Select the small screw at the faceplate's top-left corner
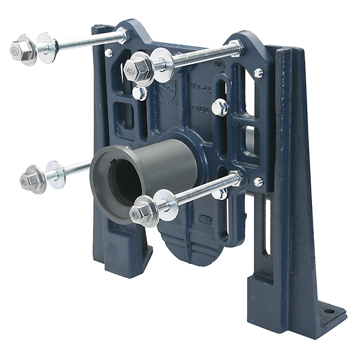[x=109, y=53]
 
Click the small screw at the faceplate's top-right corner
[x=258, y=73]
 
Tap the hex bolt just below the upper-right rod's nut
[x=139, y=93]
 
